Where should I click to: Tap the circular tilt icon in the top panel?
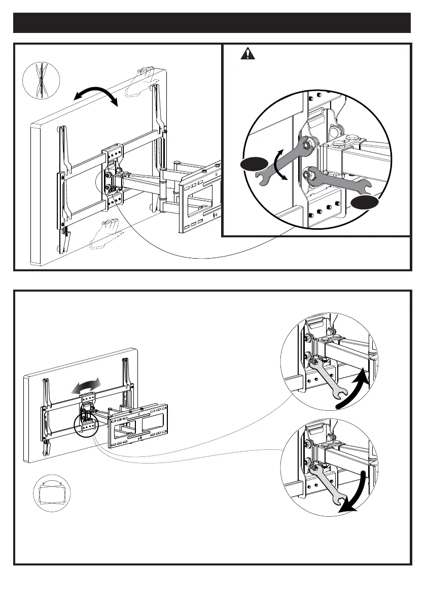coord(42,81)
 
